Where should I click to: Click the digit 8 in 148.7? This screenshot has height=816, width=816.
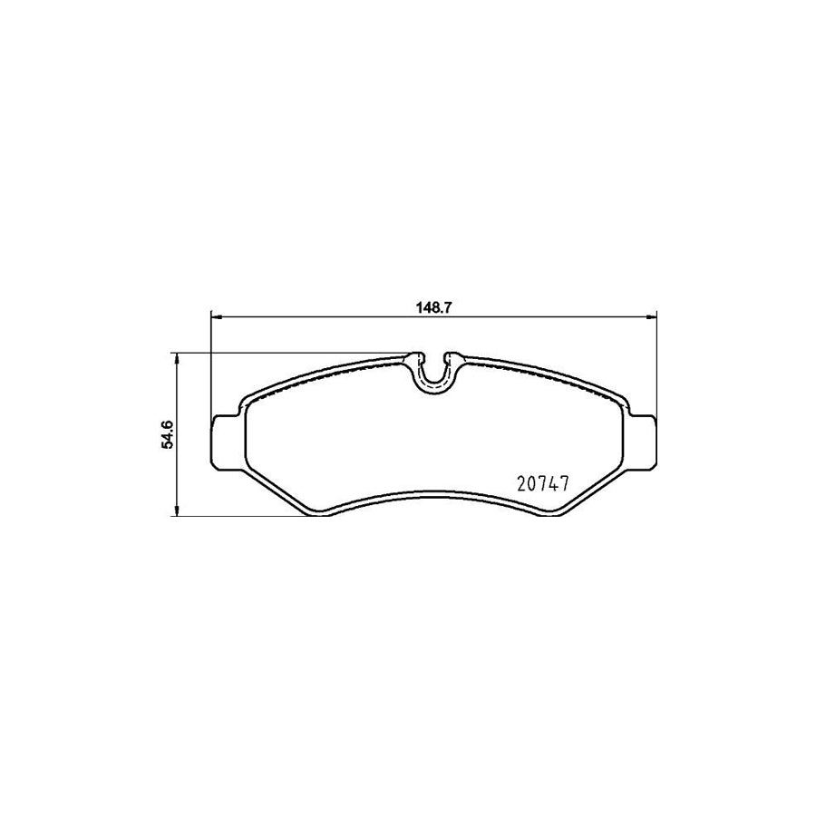[437, 306]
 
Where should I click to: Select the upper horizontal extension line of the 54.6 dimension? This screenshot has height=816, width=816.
[290, 353]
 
